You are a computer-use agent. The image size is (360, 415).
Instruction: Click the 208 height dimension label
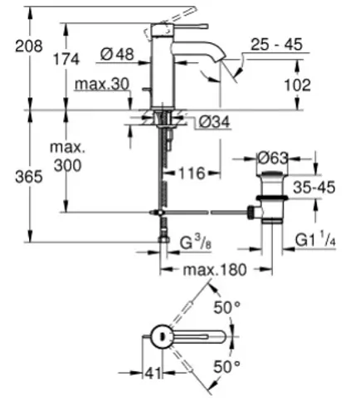click(x=29, y=46)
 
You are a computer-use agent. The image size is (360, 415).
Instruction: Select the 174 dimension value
click(x=66, y=59)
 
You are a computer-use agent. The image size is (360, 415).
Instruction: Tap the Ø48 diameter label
click(x=117, y=54)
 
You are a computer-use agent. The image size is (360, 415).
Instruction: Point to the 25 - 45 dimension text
click(x=276, y=44)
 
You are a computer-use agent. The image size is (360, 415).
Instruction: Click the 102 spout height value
click(x=298, y=85)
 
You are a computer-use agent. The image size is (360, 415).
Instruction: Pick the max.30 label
click(x=102, y=84)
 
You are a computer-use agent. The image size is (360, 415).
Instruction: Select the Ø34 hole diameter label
click(x=215, y=122)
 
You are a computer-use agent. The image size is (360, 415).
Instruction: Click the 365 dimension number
click(x=29, y=177)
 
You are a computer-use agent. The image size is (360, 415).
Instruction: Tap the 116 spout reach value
click(x=192, y=173)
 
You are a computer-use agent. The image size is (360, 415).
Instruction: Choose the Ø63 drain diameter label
click(x=273, y=158)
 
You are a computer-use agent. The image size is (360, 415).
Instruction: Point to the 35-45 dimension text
click(x=314, y=187)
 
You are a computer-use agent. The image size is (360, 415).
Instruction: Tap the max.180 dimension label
click(x=215, y=270)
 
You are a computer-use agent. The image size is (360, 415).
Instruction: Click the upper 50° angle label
click(x=227, y=307)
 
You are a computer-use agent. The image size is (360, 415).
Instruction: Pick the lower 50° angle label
click(x=227, y=367)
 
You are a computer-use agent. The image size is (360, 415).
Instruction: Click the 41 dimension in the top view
click(x=153, y=373)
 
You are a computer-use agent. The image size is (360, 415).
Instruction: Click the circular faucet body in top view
click(x=162, y=336)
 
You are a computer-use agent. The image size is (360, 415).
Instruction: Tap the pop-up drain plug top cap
click(x=273, y=174)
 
